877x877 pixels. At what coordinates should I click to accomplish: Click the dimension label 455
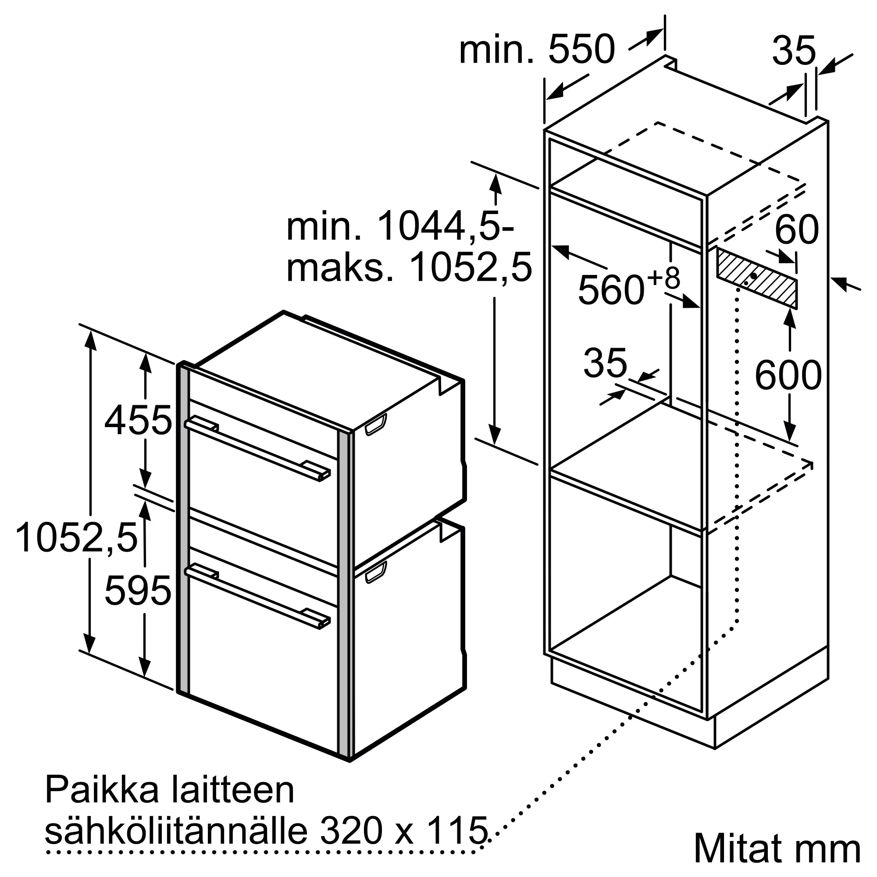pyautogui.click(x=139, y=421)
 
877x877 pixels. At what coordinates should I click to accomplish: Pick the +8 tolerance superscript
pyautogui.click(x=663, y=278)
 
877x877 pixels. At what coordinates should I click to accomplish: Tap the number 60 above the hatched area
pyautogui.click(x=797, y=230)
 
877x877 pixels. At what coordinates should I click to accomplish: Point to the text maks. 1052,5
pyautogui.click(x=409, y=268)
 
